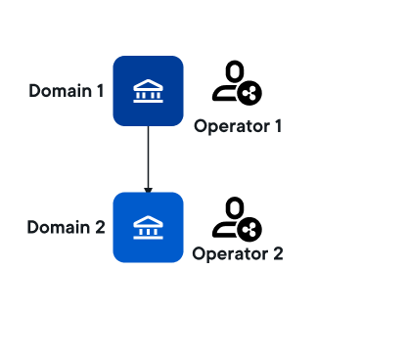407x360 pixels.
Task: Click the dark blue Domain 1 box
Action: coord(148,91)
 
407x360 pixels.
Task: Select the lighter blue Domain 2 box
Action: coord(148,227)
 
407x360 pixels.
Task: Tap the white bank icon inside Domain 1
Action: coord(148,91)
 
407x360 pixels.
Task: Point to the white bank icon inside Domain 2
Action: coord(148,227)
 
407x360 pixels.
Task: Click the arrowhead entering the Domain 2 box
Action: coord(149,190)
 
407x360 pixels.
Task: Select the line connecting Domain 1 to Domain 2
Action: coord(149,157)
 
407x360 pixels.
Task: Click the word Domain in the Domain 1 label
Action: coord(61,91)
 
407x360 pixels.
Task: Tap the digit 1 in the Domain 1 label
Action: coord(101,91)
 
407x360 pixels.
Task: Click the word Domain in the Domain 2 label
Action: coord(59,227)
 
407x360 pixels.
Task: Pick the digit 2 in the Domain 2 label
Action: coord(100,227)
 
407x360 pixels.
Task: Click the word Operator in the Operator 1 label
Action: coord(232,127)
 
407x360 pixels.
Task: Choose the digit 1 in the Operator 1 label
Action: coord(278,126)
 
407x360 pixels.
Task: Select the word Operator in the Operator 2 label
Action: coord(230,254)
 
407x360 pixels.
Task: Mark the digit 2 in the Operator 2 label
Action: coord(278,253)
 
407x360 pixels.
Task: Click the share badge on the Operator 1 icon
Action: coord(249,93)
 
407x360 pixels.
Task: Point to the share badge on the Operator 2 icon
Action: coord(249,230)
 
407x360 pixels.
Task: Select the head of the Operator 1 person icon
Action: coord(235,70)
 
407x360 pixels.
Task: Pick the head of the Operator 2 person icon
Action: coord(235,207)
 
